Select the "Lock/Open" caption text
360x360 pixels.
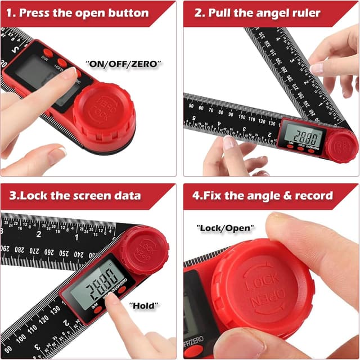point(225,229)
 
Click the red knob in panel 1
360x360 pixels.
point(104,112)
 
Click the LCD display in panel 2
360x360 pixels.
point(303,136)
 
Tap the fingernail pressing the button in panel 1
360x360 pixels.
point(70,73)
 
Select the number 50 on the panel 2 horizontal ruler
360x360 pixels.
point(192,106)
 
